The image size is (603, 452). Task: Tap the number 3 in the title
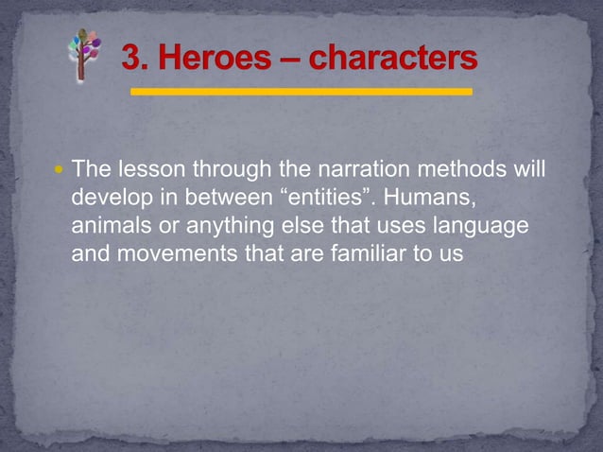coord(131,60)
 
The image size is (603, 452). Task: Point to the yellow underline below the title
coord(301,93)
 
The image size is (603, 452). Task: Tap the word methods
coord(453,171)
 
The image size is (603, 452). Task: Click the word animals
coord(110,226)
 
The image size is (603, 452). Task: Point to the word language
coord(473,226)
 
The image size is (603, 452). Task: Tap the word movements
coord(178,253)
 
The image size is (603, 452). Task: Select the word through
coord(233,171)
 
